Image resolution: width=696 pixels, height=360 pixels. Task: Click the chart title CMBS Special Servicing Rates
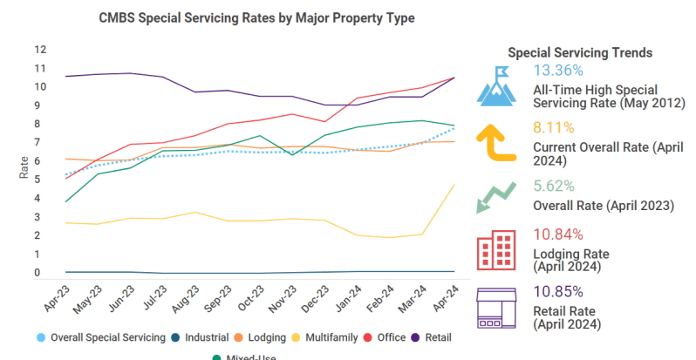tap(256, 17)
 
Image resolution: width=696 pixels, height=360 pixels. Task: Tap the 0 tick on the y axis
tap(38, 273)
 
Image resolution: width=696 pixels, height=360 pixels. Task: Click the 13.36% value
tap(557, 71)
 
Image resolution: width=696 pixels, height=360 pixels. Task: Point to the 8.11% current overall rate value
tap(554, 127)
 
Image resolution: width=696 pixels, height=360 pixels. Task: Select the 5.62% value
tap(554, 186)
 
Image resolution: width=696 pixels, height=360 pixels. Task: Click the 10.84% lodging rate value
tap(557, 234)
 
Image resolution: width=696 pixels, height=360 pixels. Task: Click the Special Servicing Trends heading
tap(579, 52)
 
